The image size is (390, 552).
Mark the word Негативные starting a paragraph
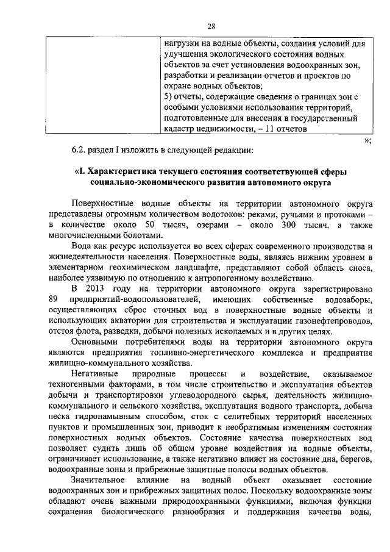tap(96, 373)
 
